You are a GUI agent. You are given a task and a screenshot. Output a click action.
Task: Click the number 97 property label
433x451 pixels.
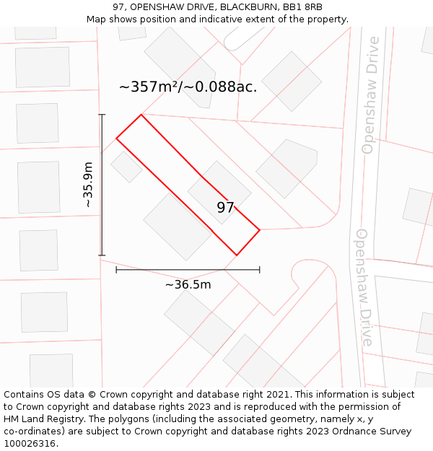225,208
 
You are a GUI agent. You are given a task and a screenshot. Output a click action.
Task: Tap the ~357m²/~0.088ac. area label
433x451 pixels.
188,87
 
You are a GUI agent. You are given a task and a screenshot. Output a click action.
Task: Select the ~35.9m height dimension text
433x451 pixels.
88,185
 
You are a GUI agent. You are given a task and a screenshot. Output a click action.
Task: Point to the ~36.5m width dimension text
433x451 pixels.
188,284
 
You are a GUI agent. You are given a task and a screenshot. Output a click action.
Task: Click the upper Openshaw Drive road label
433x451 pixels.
370,95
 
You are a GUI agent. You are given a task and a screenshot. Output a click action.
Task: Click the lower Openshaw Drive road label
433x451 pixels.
364,287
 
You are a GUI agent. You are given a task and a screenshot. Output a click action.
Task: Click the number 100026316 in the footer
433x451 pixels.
27,444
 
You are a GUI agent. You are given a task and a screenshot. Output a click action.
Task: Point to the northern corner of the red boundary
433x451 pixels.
141,115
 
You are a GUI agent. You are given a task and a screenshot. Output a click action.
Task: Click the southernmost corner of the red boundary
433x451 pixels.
237,255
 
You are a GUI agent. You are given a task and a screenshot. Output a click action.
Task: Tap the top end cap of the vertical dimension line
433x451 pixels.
102,115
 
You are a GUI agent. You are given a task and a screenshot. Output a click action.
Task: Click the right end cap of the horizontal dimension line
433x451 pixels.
260,270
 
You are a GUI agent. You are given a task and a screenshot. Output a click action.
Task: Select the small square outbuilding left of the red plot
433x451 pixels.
126,167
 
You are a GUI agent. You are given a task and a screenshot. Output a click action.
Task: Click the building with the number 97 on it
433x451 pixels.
219,191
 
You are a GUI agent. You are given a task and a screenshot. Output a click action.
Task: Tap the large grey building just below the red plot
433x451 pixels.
177,226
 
